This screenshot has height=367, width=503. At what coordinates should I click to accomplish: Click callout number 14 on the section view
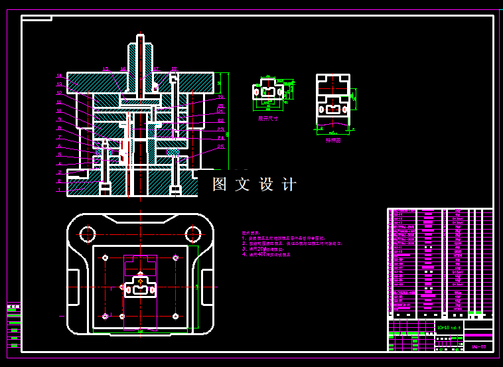click(59, 76)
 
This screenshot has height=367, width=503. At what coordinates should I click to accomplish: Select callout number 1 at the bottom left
click(59, 190)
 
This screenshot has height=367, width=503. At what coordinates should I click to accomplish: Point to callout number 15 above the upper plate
click(105, 69)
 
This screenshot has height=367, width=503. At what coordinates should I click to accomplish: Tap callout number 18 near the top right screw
click(173, 69)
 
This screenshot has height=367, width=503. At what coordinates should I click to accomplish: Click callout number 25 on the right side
click(220, 147)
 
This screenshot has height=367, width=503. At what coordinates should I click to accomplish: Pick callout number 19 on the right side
click(220, 97)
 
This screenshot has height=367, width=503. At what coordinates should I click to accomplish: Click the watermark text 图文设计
click(255, 184)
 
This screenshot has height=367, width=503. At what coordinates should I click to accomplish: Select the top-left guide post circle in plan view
click(88, 234)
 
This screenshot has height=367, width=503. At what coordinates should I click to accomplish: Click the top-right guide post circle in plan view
click(193, 234)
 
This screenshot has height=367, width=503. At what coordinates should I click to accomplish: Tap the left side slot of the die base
click(73, 287)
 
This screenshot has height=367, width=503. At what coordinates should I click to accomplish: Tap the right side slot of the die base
click(208, 287)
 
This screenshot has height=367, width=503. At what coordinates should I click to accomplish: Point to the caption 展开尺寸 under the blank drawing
click(268, 118)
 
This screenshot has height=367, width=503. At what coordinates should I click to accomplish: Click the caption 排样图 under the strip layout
click(332, 140)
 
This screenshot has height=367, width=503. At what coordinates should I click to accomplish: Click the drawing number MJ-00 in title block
click(478, 346)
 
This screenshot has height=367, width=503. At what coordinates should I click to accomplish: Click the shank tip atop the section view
click(140, 37)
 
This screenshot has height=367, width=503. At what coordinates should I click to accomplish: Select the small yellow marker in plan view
click(140, 281)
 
